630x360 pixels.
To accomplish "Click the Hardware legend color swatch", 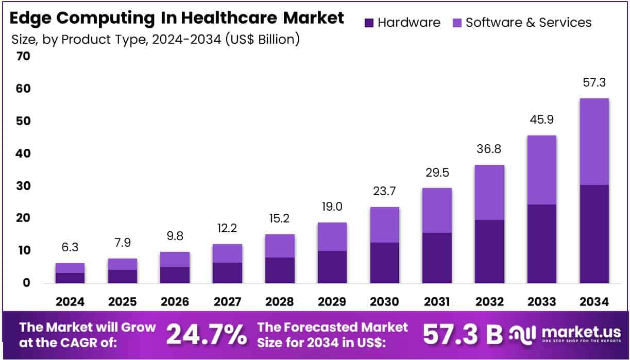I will coord(369,23).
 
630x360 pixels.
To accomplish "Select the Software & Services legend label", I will coord(529,23).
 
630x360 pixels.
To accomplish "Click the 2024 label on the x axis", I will coord(70,302).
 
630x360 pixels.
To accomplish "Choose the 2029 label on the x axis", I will coord(332,302).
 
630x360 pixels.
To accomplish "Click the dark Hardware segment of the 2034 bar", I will coord(594,234).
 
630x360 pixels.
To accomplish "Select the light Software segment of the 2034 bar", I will coord(594,142).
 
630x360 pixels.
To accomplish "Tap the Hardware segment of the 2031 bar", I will coord(437,258).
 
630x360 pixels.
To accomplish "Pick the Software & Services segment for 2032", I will coord(489,193).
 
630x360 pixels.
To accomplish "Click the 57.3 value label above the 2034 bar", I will coord(594,82).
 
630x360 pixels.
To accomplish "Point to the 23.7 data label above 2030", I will coord(384,192).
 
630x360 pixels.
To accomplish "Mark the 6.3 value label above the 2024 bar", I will coord(70,248).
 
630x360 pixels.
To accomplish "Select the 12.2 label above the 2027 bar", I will coord(227,229).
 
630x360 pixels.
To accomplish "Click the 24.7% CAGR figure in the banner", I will coord(207,335).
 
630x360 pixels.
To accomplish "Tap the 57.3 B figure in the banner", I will coord(462,335).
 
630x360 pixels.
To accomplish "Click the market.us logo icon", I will coord(523,335).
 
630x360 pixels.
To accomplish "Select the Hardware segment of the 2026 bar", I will coord(175,275).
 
